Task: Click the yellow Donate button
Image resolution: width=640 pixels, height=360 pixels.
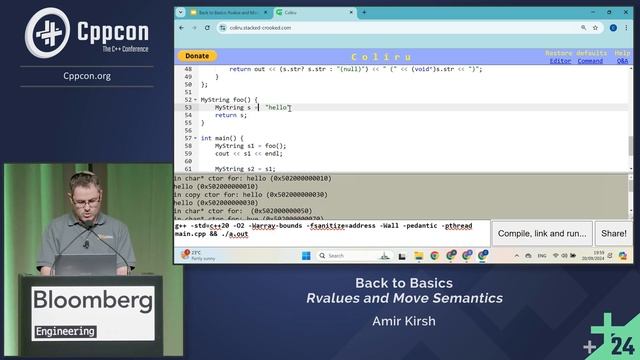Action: coord(197,56)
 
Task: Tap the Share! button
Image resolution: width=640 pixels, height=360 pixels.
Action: coord(613,233)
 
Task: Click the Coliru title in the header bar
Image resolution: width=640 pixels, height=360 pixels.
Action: coord(368,56)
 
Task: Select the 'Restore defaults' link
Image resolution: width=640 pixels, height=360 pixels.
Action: coord(575,52)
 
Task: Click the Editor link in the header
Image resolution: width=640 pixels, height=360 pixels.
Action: coord(560,61)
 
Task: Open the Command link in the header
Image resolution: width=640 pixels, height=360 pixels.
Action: coord(590,61)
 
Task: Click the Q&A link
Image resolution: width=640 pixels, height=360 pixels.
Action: coord(622,61)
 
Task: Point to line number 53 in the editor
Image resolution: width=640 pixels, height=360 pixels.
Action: coord(188,107)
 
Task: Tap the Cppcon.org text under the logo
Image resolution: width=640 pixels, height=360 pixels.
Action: coord(87,75)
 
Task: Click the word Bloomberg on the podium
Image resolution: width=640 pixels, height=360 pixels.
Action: coord(93,301)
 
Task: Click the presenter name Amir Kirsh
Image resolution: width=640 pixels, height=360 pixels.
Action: coord(399,321)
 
